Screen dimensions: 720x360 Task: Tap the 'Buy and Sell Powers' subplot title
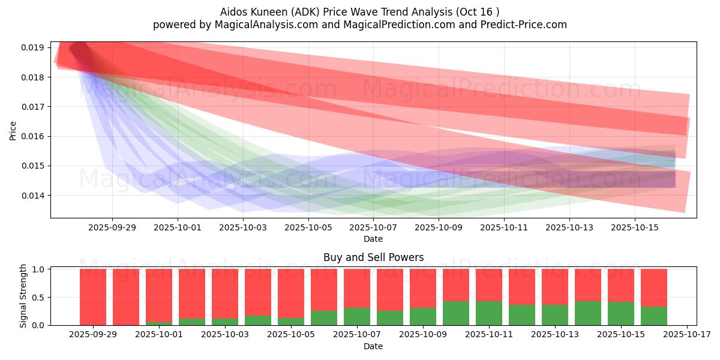373,257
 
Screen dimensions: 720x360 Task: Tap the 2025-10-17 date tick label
687,335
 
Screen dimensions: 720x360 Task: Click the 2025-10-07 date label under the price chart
373,228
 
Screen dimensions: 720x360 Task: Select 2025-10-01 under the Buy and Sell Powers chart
159,335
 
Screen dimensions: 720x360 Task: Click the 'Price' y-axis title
13,131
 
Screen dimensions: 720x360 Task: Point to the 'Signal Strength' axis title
23,296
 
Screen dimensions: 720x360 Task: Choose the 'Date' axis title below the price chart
373,239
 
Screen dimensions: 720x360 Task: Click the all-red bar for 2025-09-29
93,298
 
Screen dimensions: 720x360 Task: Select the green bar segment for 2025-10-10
456,313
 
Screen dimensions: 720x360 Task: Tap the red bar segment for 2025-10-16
654,288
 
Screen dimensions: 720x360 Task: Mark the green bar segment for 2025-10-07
357,317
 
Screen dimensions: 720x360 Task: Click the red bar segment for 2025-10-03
224,294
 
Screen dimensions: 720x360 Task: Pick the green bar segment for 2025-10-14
588,313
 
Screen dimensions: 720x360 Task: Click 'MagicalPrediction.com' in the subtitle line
399,25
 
